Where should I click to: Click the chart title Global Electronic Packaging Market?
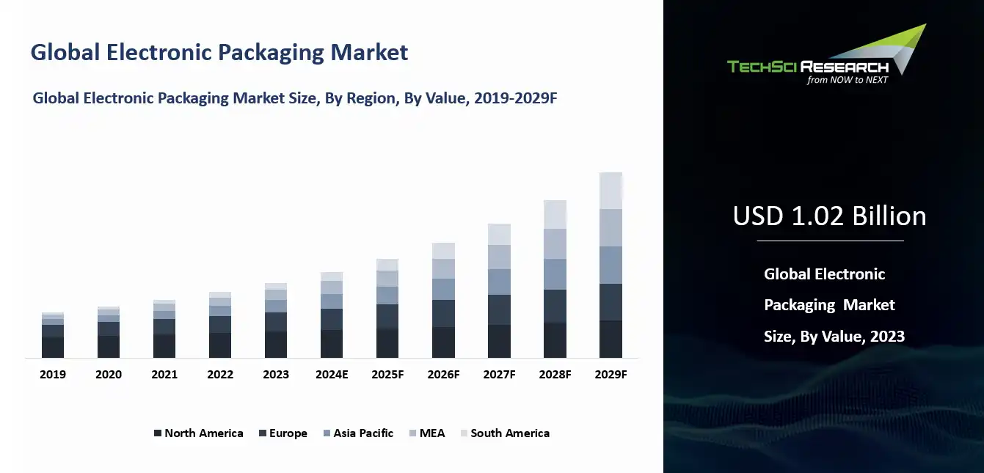(219, 53)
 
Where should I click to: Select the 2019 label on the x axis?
(53, 374)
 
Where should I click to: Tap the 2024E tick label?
(332, 374)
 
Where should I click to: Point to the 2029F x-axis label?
(611, 374)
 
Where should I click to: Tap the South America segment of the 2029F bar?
(611, 191)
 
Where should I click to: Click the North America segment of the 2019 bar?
(53, 347)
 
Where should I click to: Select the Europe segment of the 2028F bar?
(555, 306)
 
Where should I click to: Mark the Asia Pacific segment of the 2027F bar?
(499, 282)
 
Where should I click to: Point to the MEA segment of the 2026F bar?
(443, 268)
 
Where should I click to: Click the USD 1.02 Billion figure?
(829, 216)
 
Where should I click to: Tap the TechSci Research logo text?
(807, 67)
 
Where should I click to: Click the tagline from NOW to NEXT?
(847, 80)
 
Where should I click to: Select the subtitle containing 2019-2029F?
(295, 98)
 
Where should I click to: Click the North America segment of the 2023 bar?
(276, 345)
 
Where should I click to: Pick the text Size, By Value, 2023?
(834, 337)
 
